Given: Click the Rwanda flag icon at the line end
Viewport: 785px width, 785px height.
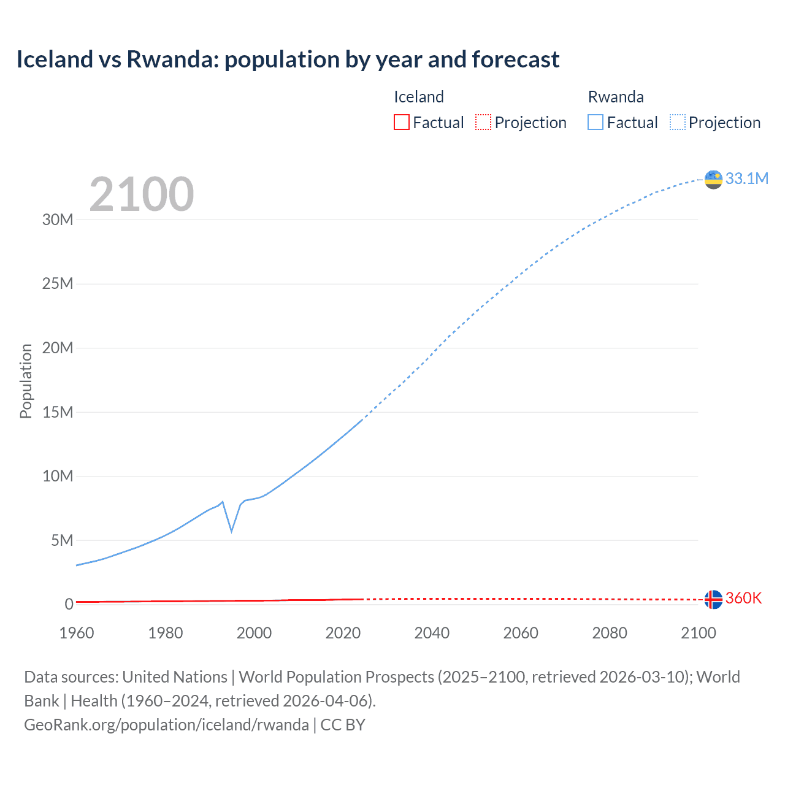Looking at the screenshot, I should [713, 179].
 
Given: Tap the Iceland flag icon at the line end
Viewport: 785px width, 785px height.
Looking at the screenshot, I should [713, 599].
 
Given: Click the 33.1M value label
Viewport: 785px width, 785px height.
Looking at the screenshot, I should [746, 178].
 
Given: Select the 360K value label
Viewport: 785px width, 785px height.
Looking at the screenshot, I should [743, 599].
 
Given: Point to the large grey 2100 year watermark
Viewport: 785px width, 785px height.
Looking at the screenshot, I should [142, 194].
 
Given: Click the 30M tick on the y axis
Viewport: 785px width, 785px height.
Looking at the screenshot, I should [58, 220].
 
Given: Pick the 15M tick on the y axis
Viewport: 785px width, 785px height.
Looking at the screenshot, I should [58, 412].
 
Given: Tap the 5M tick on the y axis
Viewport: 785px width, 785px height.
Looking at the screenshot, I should [62, 540].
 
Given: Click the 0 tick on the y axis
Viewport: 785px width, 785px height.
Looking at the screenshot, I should [69, 604].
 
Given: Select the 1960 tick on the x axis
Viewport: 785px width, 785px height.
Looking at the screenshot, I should [77, 633].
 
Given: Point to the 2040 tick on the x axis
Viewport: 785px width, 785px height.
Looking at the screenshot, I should [432, 633].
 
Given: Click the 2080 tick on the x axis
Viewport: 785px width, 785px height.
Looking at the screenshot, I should [610, 633].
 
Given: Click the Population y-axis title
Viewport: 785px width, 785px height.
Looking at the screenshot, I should [26, 381].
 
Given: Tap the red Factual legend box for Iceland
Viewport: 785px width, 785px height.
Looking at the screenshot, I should [401, 122].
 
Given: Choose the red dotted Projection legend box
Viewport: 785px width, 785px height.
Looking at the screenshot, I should [483, 122].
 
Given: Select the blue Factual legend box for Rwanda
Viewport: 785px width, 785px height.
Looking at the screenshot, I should [595, 122].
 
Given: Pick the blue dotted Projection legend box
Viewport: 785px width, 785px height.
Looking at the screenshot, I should [677, 122].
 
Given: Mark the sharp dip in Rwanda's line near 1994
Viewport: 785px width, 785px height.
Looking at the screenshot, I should [231, 530].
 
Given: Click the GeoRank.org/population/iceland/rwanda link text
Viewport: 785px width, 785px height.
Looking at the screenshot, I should [166, 725].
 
